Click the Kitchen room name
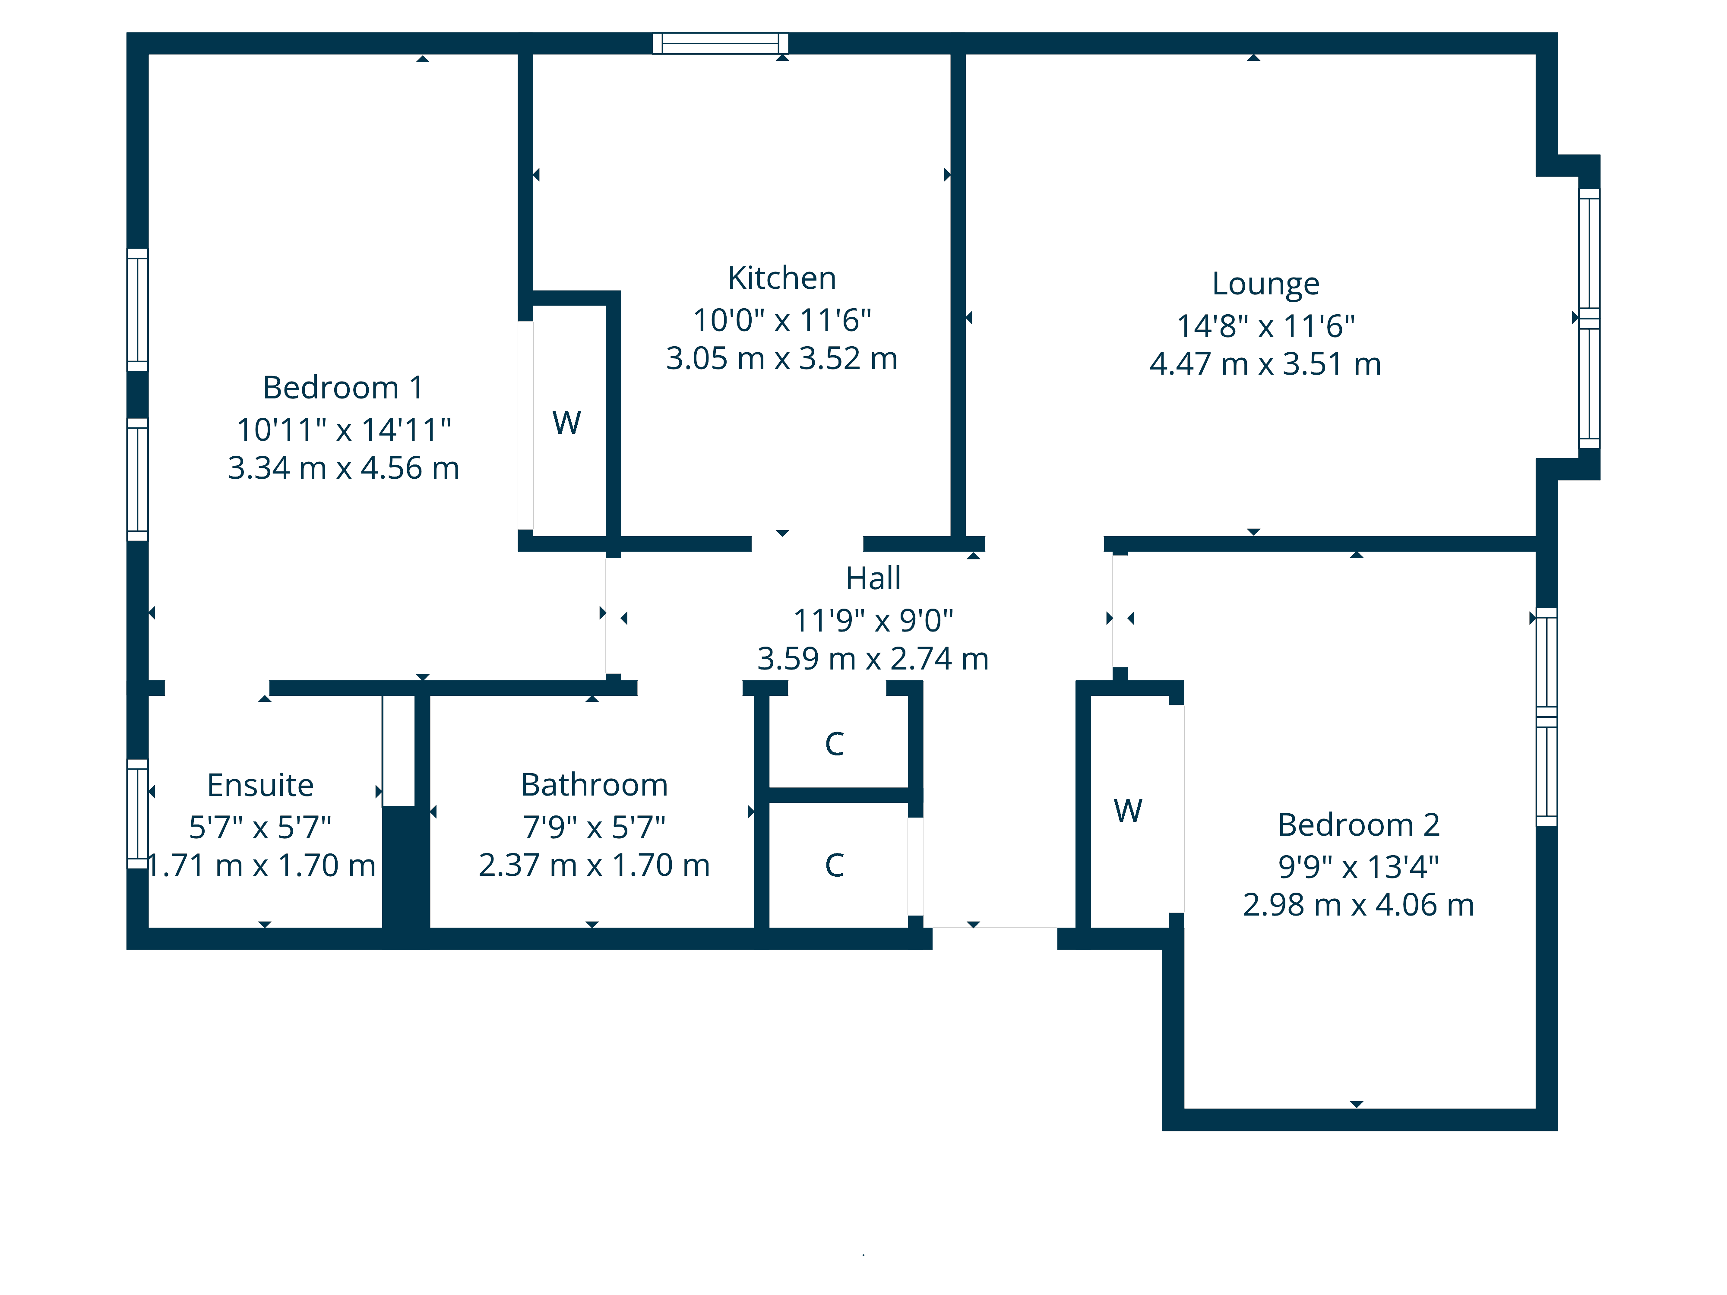(781, 278)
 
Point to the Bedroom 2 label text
(1358, 824)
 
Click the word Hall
(873, 578)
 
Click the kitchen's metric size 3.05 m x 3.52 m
(781, 358)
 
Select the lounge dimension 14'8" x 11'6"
(1265, 325)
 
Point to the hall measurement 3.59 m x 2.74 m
(873, 659)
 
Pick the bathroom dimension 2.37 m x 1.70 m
(594, 865)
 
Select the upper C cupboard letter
(835, 744)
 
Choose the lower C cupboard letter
(835, 865)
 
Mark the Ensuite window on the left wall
(137, 813)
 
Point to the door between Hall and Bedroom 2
(1120, 611)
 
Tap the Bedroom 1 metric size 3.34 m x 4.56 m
(343, 468)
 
